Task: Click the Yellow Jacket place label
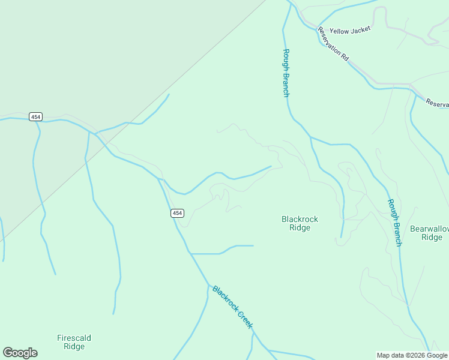click(350, 29)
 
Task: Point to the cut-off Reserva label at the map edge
click(437, 103)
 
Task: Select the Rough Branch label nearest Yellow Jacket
click(286, 73)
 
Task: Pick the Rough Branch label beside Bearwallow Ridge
click(394, 223)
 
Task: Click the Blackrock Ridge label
click(300, 223)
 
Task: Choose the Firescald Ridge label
click(74, 342)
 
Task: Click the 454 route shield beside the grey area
click(35, 116)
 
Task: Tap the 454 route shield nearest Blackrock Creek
click(176, 213)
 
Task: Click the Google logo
click(20, 353)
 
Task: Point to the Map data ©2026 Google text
click(412, 355)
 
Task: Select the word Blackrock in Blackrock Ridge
click(300, 219)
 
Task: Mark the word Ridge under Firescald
click(74, 347)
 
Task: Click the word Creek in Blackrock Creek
click(245, 319)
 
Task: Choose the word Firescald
click(74, 338)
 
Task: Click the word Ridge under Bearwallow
click(432, 237)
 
